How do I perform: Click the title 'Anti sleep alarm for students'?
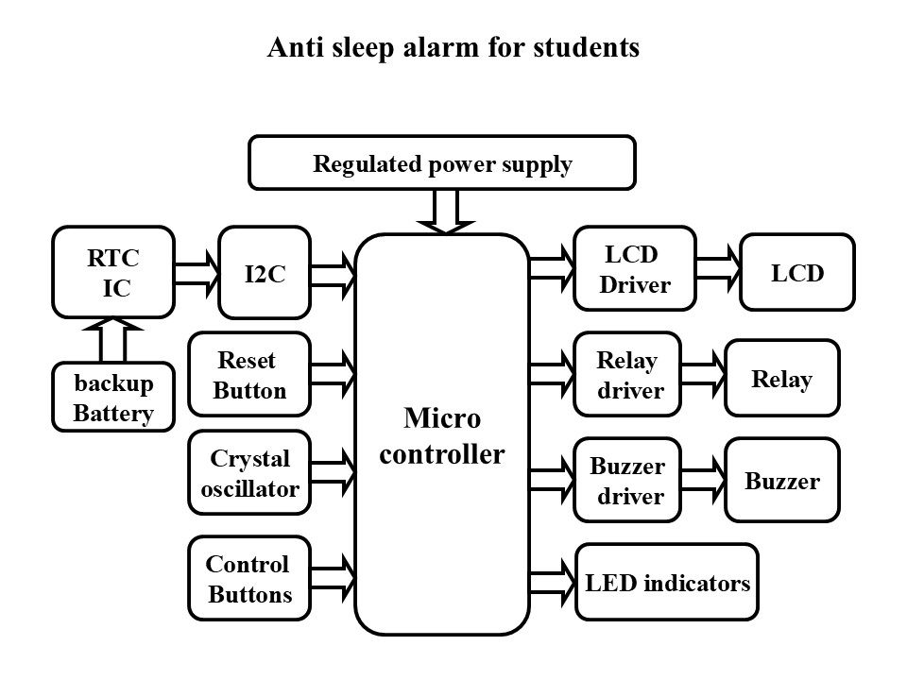pyautogui.click(x=454, y=47)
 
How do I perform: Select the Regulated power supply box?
pyautogui.click(x=441, y=163)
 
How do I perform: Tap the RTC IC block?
pyautogui.click(x=113, y=272)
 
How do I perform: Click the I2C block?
pyautogui.click(x=265, y=272)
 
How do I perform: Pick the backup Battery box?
pyautogui.click(x=113, y=398)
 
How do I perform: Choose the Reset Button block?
pyautogui.click(x=249, y=374)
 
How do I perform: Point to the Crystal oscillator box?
pyautogui.click(x=249, y=473)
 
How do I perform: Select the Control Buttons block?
pyautogui.click(x=249, y=579)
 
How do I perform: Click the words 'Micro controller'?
pyautogui.click(x=441, y=435)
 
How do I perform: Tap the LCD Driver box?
pyautogui.click(x=634, y=269)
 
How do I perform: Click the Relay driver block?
pyautogui.click(x=627, y=374)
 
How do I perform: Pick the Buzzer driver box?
pyautogui.click(x=627, y=480)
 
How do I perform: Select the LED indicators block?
pyautogui.click(x=667, y=583)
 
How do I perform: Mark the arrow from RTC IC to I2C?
pyautogui.click(x=197, y=270)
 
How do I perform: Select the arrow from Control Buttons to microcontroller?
pyautogui.click(x=333, y=576)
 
